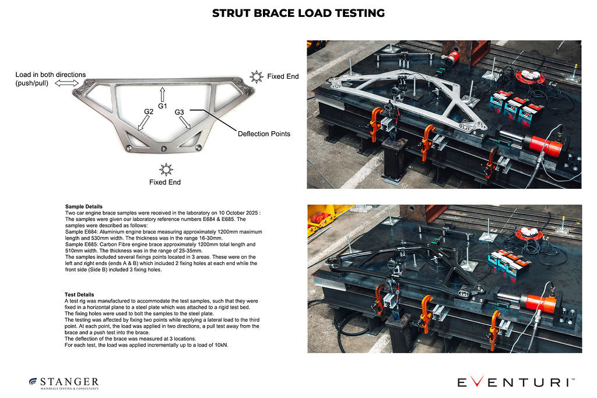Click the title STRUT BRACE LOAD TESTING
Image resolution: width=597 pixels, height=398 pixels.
(298, 13)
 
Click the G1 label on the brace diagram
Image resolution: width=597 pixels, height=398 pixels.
(163, 106)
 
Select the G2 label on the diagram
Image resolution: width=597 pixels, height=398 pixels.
(149, 111)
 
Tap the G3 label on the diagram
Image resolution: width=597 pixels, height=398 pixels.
(179, 112)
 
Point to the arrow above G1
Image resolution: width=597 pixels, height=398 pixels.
(163, 94)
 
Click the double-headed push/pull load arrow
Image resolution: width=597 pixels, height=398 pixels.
(68, 83)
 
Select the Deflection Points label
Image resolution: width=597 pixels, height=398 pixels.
(264, 133)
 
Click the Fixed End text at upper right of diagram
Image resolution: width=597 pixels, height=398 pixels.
(283, 76)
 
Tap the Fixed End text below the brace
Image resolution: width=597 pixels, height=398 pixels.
(165, 182)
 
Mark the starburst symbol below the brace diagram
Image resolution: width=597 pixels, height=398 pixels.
(166, 170)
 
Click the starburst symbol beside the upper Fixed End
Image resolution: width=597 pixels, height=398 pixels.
(256, 76)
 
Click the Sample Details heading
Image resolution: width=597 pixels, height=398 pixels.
(84, 206)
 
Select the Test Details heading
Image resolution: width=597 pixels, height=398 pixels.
(79, 295)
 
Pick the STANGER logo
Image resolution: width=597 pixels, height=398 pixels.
(64, 383)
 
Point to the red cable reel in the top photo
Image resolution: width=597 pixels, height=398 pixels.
(529, 75)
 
